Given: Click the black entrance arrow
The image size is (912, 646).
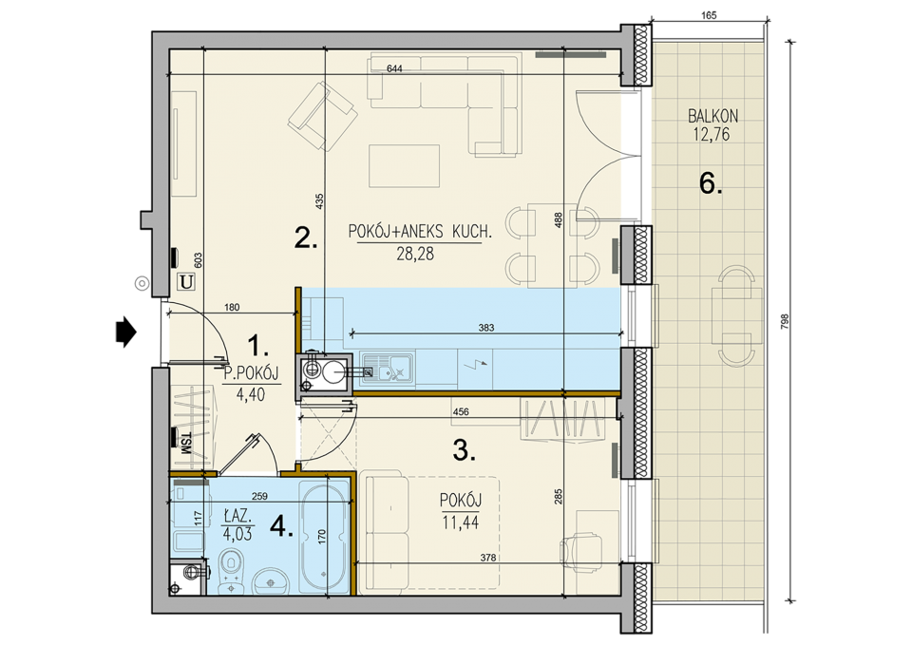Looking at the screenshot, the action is (126, 332).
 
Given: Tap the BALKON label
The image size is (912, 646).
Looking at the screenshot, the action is (712, 116).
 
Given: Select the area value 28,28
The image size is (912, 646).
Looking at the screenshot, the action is (415, 254).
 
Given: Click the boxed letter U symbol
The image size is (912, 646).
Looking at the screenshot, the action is (186, 282).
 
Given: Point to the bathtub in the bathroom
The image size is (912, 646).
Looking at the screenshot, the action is (323, 536).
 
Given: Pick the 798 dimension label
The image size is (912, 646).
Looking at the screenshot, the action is (785, 322).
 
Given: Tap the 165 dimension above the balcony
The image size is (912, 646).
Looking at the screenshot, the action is (709, 16).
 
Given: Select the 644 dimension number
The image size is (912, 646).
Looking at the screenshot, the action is (394, 68).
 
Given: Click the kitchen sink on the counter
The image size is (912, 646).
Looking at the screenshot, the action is (387, 368).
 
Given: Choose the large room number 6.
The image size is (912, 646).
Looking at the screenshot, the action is (711, 184).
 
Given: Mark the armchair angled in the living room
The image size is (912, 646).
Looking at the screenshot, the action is (322, 116).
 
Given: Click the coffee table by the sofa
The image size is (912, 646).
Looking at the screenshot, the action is (405, 165).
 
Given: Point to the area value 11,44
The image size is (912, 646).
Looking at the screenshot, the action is (461, 522).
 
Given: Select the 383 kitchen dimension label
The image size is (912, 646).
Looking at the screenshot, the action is (486, 328).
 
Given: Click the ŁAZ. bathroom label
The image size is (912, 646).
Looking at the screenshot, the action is (237, 515).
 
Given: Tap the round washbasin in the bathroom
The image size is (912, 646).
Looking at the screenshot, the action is (271, 581).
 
